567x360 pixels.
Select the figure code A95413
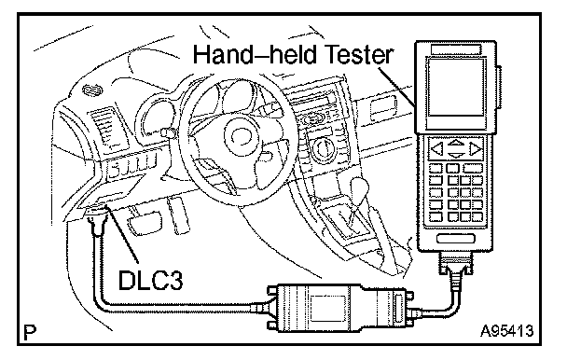click(507, 330)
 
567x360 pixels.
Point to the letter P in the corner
click(30, 333)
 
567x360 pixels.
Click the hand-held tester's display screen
click(455, 87)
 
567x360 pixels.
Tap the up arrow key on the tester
click(456, 142)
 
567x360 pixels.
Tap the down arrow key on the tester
click(456, 156)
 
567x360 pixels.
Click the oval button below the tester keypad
click(455, 239)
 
